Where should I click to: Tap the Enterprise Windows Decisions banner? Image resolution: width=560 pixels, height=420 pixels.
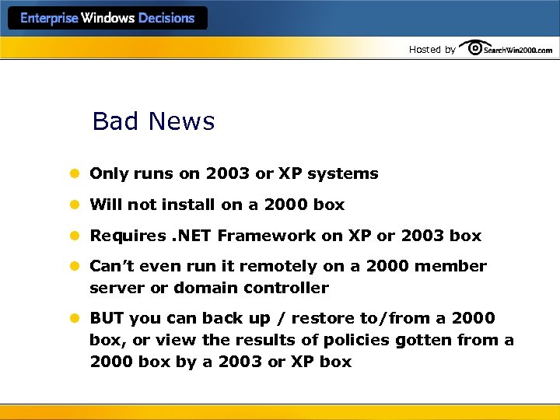pyautogui.click(x=107, y=18)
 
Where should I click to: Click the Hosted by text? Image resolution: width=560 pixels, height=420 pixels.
pyautogui.click(x=432, y=50)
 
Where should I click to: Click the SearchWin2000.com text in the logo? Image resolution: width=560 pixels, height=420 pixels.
pyautogui.click(x=518, y=50)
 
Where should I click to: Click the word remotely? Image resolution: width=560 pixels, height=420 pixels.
pyautogui.click(x=278, y=267)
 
